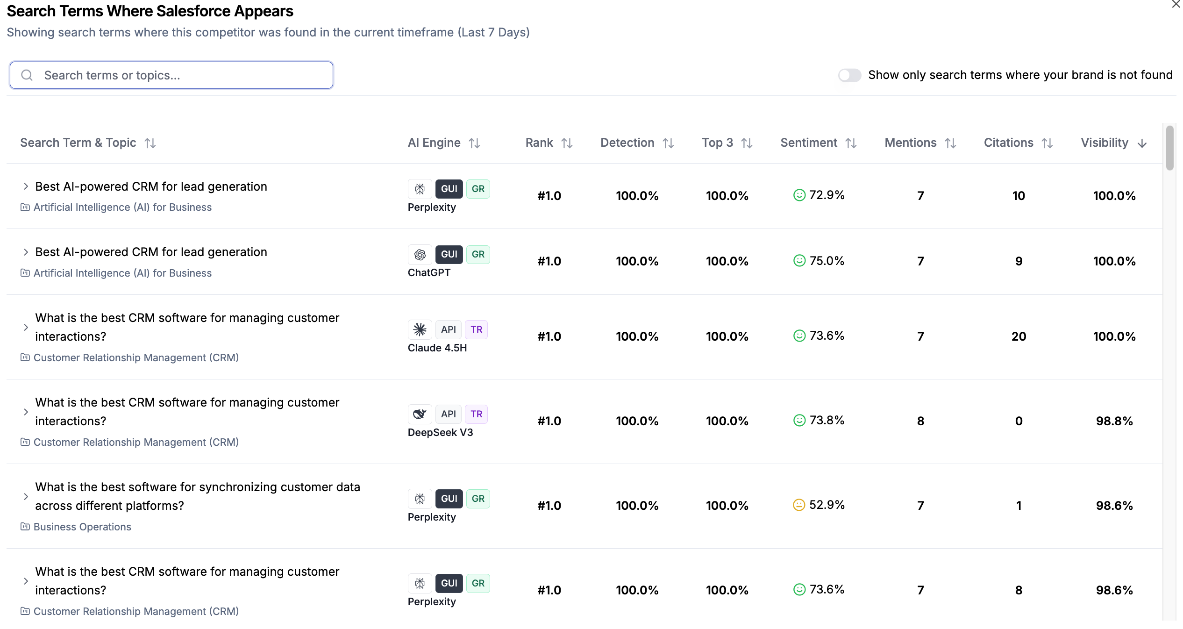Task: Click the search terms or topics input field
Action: click(x=171, y=75)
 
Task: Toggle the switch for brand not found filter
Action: click(x=849, y=75)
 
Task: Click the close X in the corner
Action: click(x=1176, y=4)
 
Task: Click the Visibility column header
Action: click(x=1105, y=143)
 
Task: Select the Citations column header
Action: click(x=1008, y=143)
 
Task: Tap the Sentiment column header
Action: click(x=809, y=143)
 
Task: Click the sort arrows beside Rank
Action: click(x=567, y=143)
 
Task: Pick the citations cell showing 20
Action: click(x=1019, y=336)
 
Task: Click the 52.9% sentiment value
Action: click(x=827, y=505)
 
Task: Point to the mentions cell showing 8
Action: click(x=920, y=421)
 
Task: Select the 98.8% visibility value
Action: click(x=1114, y=421)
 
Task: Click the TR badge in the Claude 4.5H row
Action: click(x=477, y=329)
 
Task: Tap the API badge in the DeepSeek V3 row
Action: click(x=449, y=414)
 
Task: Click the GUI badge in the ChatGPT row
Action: click(x=449, y=254)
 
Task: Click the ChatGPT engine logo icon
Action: click(x=420, y=254)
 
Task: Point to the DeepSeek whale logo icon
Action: click(x=420, y=414)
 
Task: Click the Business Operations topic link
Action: click(x=82, y=527)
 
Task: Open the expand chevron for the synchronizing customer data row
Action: click(x=26, y=496)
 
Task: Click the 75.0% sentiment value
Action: click(x=827, y=261)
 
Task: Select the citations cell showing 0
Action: click(x=1019, y=421)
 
